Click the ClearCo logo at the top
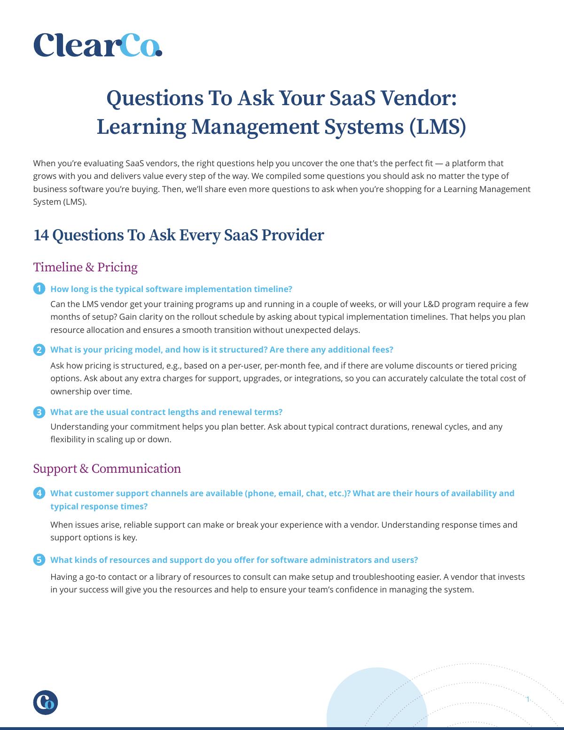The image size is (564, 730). [98, 45]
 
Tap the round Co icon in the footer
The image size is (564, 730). [46, 702]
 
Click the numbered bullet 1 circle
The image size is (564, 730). [39, 288]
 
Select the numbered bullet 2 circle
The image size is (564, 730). [39, 350]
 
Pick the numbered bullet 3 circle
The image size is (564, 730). [39, 412]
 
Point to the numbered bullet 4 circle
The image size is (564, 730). [39, 493]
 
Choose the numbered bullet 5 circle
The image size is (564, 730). [39, 560]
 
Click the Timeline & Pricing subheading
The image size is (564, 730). [85, 267]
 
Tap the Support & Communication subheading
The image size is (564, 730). [107, 469]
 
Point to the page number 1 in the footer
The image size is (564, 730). [528, 699]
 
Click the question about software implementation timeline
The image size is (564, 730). [171, 289]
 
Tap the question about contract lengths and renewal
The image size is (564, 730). [166, 412]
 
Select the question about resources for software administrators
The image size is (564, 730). [234, 560]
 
